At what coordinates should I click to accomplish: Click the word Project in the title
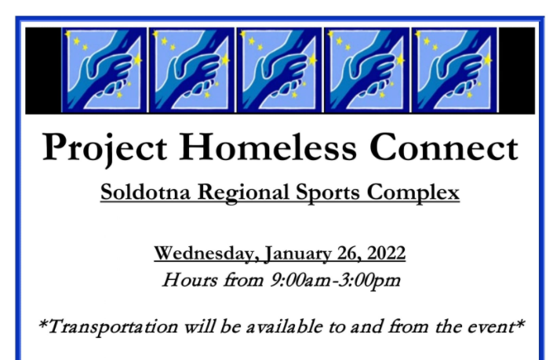(105, 148)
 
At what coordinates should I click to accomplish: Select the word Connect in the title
(444, 147)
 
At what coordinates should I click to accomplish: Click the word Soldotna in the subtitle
(145, 192)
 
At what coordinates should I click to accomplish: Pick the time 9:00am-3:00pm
(335, 281)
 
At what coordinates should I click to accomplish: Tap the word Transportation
(111, 327)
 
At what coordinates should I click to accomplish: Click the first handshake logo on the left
(104, 70)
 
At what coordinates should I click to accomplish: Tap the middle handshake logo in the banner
(279, 70)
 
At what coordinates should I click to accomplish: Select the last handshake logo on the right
(454, 70)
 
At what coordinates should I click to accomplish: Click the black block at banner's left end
(43, 70)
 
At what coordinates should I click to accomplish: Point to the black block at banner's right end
(516, 70)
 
